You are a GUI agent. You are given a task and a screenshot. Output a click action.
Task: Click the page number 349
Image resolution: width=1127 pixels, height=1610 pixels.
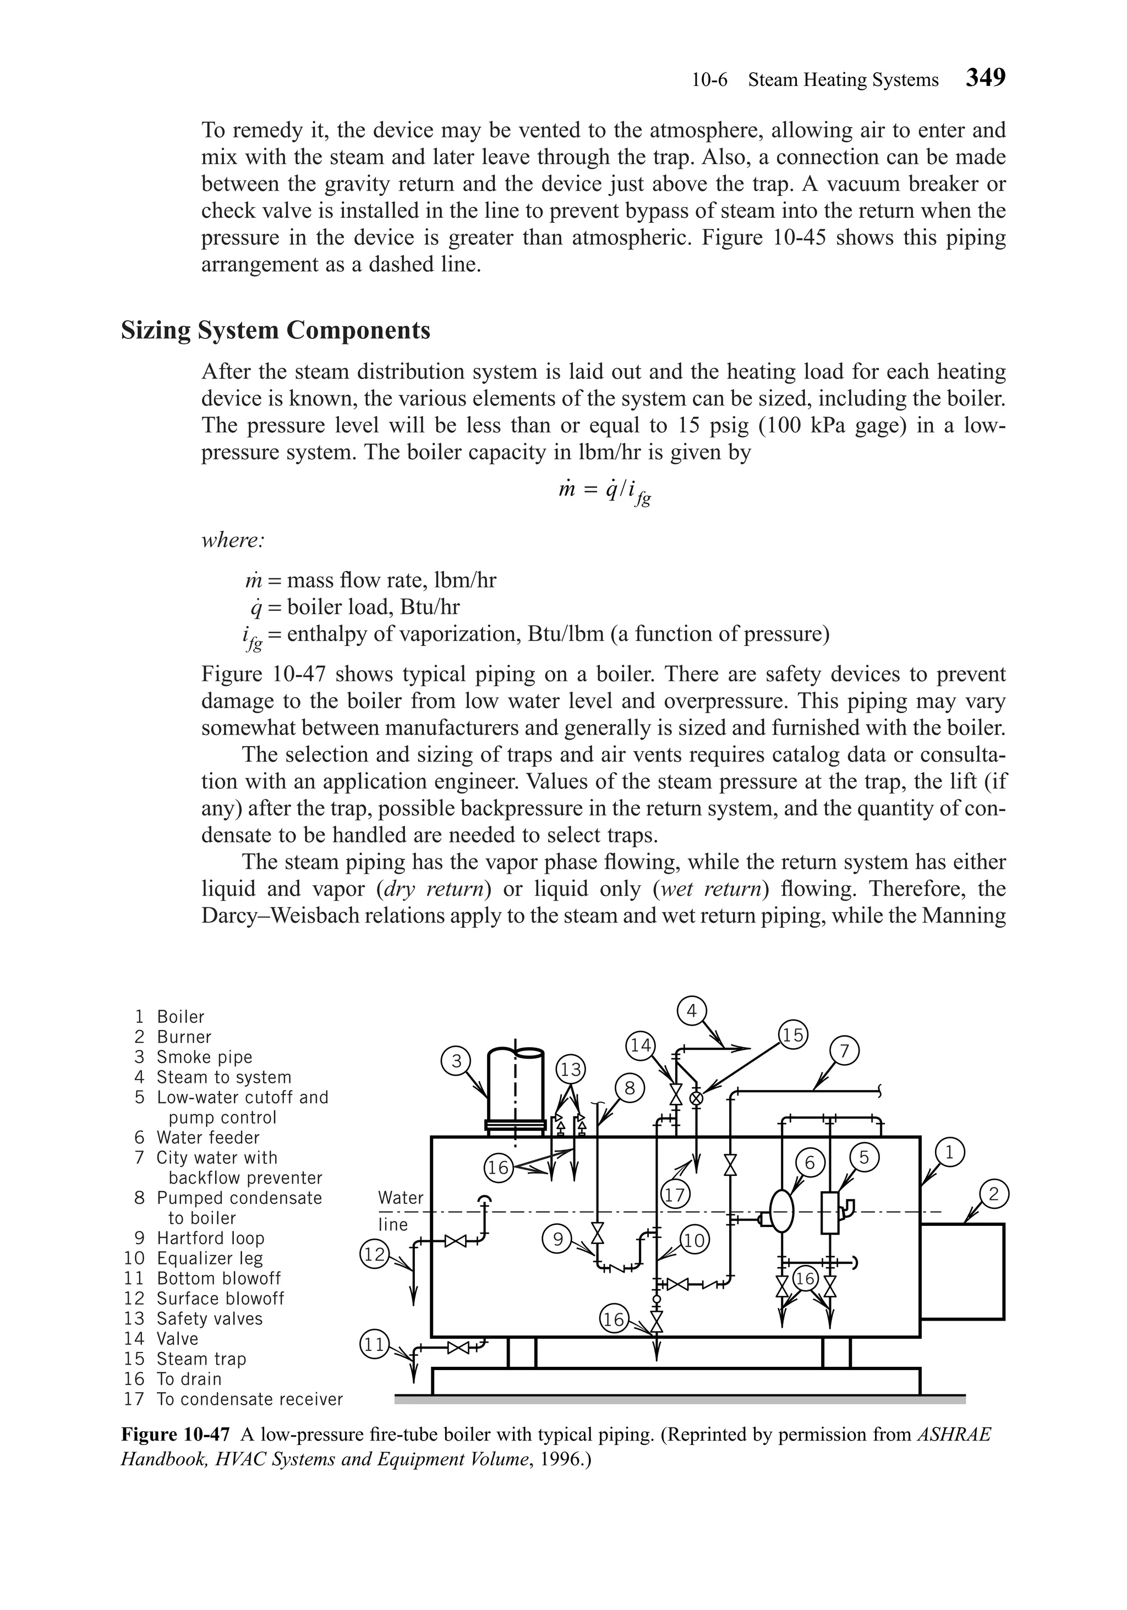coord(986,77)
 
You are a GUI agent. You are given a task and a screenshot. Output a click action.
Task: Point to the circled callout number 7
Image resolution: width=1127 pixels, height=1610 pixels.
coord(844,1051)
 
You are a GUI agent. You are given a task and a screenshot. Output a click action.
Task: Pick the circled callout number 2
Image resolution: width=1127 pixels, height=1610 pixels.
coord(994,1193)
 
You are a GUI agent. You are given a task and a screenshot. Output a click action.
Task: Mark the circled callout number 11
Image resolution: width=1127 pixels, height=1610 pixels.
coord(373,1344)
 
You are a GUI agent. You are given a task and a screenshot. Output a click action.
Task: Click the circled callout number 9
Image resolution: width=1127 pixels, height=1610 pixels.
coord(557,1240)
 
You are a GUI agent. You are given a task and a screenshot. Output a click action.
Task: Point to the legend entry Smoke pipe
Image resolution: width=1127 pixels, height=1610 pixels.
coord(204,1057)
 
